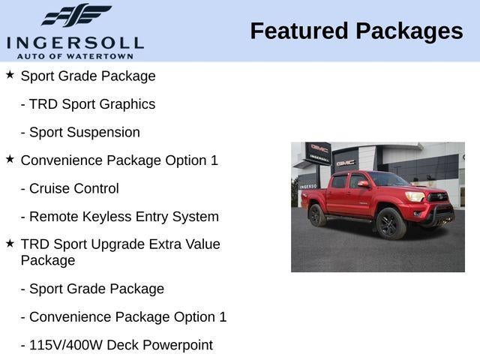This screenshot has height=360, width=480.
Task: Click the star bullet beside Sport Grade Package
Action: click(x=10, y=75)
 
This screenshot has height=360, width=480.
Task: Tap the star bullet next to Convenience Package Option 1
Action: click(x=10, y=159)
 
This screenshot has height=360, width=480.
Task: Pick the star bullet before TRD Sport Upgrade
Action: click(x=10, y=244)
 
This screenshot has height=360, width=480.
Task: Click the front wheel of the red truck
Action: click(x=391, y=223)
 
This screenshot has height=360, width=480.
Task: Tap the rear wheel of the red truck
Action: click(x=318, y=216)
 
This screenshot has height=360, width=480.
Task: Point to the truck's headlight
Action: click(x=415, y=196)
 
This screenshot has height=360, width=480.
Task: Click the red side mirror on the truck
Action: click(x=363, y=184)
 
